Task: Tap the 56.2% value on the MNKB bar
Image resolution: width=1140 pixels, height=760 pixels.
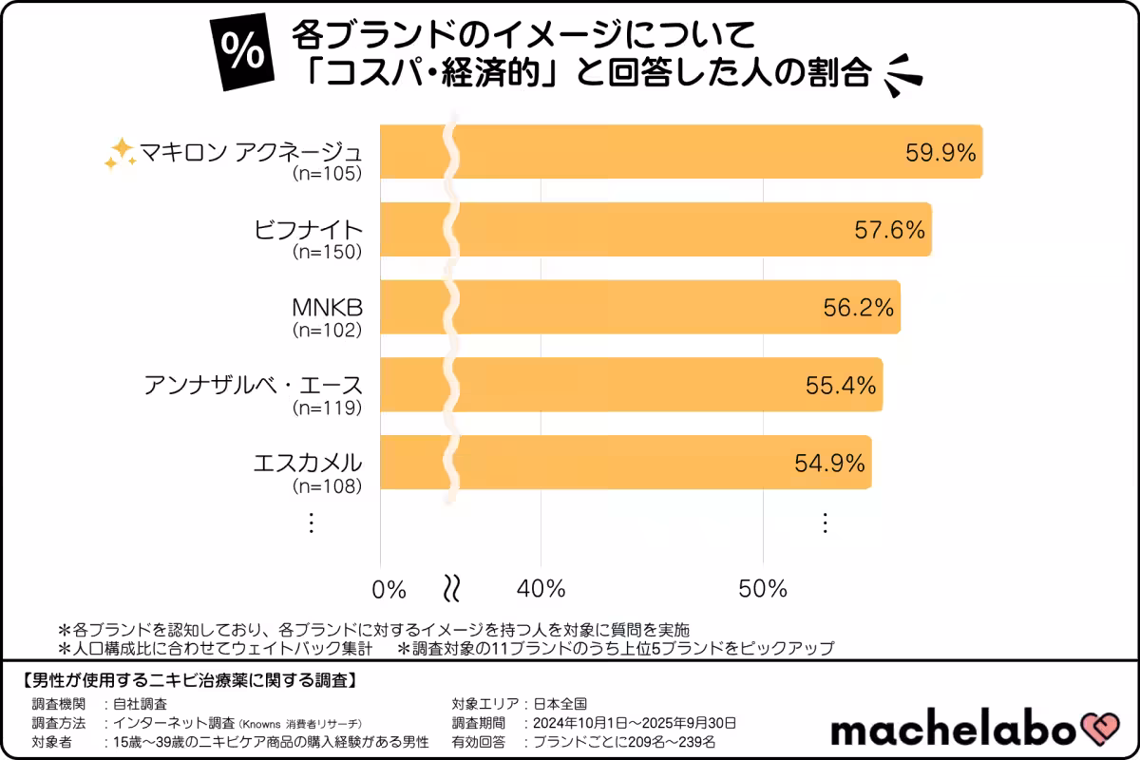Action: [x=859, y=307]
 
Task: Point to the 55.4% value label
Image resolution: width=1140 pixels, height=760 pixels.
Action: [x=840, y=385]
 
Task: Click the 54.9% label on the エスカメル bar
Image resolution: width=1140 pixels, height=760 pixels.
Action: [x=829, y=463]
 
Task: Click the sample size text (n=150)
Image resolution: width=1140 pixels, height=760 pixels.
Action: [x=327, y=252]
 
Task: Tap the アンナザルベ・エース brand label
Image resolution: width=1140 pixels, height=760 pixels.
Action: [x=254, y=385]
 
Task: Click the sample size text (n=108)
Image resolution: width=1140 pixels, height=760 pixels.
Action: [x=327, y=485]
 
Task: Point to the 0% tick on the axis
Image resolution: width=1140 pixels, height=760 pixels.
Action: [x=389, y=589]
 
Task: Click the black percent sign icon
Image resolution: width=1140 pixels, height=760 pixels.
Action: [x=242, y=54]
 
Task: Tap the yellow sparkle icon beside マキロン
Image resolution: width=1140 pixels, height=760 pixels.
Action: [x=120, y=153]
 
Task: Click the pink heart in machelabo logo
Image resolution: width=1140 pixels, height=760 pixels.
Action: [x=1102, y=730]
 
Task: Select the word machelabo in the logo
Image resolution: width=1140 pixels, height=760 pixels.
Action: [x=954, y=730]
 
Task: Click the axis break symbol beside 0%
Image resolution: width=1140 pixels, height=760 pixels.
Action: [x=453, y=589]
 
